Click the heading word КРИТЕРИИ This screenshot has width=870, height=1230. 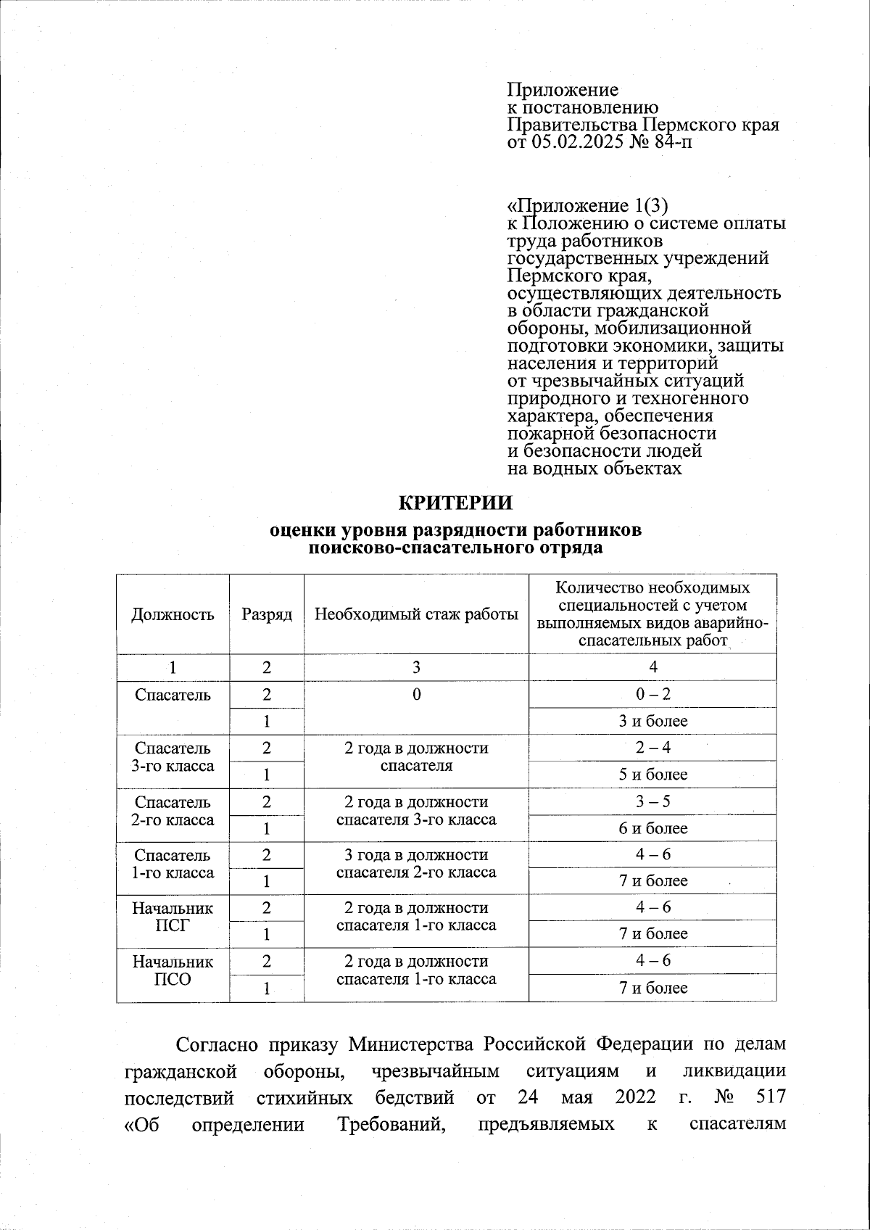tap(456, 503)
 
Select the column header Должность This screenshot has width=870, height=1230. tap(173, 615)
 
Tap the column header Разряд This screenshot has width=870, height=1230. tap(267, 615)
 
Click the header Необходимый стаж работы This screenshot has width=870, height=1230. tap(416, 615)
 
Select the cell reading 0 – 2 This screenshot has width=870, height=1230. tap(652, 694)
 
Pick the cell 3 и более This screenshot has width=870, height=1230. tap(652, 721)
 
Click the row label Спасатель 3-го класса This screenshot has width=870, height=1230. tap(173, 756)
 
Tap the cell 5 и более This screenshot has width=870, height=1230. tap(652, 775)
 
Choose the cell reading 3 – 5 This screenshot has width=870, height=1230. tap(652, 801)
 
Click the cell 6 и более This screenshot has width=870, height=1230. tap(652, 828)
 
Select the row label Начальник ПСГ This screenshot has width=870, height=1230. tap(173, 917)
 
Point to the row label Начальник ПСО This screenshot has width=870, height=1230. tap(173, 970)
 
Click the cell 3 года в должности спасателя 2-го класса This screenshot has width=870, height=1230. tap(416, 863)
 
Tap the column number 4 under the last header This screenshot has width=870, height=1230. tap(652, 667)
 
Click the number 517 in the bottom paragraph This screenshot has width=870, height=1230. tap(770, 1097)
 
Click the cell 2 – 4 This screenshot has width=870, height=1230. tap(652, 748)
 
